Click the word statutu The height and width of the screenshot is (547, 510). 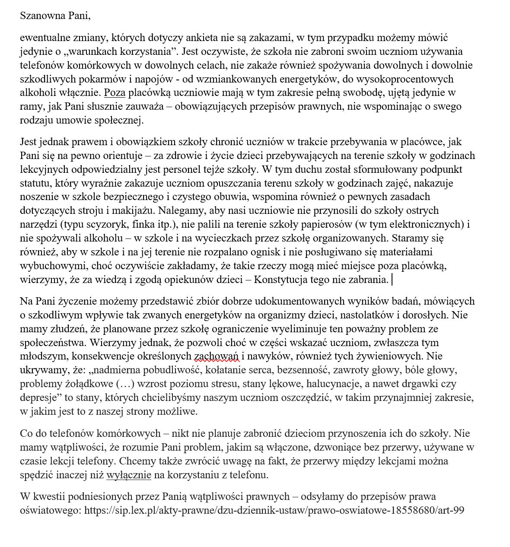tap(36, 183)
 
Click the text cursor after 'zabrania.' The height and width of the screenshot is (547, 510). tap(392, 280)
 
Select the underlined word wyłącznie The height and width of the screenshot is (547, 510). tap(128, 475)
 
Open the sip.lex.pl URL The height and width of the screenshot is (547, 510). tap(274, 510)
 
